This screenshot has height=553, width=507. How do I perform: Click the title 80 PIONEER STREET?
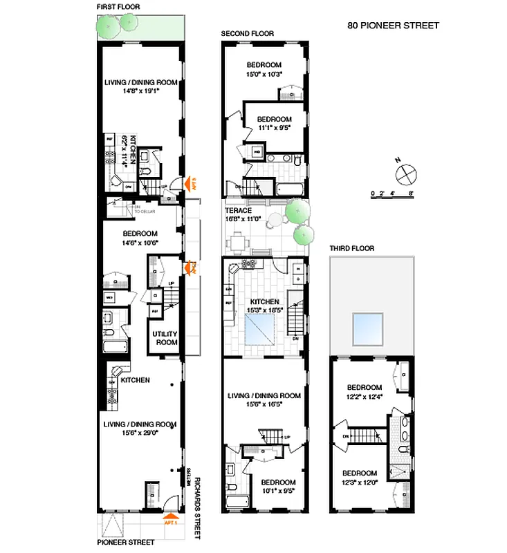[x=393, y=26]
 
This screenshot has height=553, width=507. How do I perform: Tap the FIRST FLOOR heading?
[x=119, y=6]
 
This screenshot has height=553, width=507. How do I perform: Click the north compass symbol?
[x=407, y=171]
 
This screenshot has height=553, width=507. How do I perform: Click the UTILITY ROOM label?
[x=165, y=338]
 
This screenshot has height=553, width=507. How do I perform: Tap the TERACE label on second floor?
[x=238, y=211]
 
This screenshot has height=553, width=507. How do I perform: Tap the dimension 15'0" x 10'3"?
[x=266, y=74]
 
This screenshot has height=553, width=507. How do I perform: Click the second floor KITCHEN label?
[x=265, y=302]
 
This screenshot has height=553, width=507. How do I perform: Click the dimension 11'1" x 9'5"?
[x=275, y=127]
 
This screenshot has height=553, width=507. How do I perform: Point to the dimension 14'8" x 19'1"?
[x=141, y=90]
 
